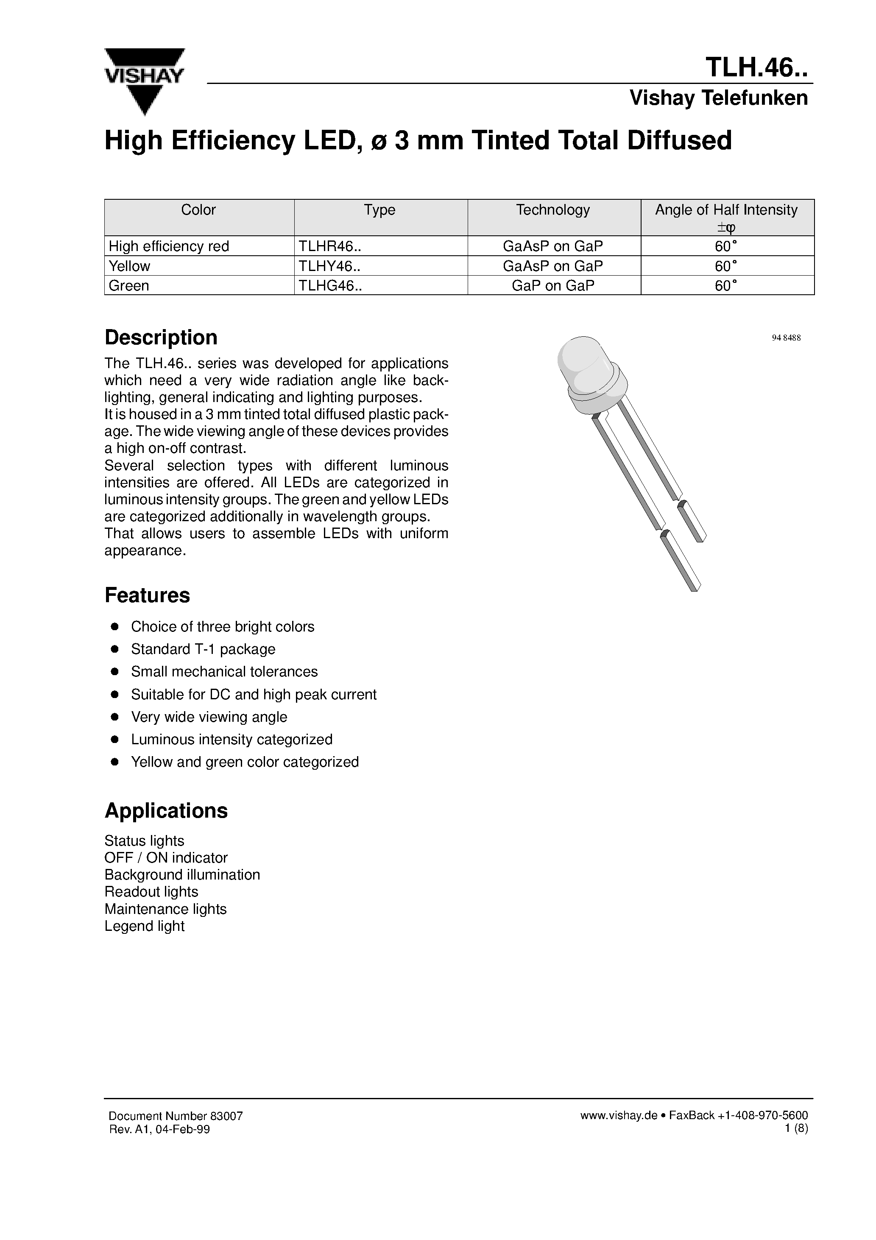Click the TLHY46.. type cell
coord(329,266)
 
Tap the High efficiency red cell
coord(169,246)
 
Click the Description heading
coord(161,338)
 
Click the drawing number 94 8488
coord(786,338)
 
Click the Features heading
coord(147,595)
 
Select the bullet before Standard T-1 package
coord(114,649)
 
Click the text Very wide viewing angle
coord(209,717)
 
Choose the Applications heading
coord(166,811)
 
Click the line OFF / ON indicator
coord(166,857)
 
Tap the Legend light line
coord(144,926)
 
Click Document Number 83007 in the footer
coord(176,1116)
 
